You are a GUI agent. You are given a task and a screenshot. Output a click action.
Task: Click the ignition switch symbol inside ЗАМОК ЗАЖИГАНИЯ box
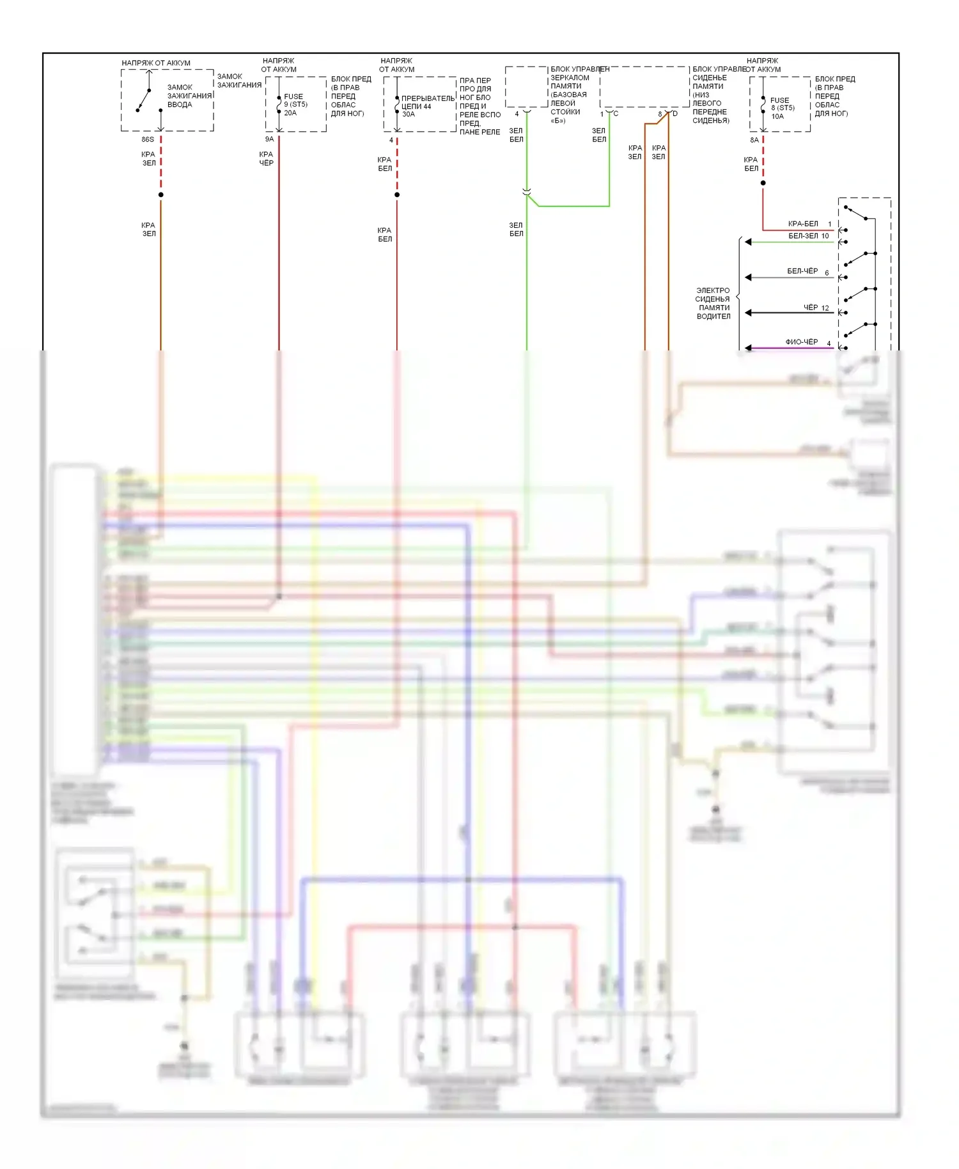pos(144,99)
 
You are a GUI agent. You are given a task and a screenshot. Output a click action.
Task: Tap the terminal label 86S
pos(148,139)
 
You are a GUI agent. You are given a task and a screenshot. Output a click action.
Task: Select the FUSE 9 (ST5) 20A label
pos(295,105)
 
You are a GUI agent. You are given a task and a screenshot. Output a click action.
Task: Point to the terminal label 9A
pos(270,139)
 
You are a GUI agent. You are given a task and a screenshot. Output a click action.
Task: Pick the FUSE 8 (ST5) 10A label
pos(782,108)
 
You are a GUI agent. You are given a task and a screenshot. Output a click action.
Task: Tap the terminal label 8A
pos(754,140)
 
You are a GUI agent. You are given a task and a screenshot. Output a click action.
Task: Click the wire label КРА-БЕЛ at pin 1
pos(803,224)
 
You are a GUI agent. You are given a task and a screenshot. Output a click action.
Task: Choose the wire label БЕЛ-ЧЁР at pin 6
pos(802,271)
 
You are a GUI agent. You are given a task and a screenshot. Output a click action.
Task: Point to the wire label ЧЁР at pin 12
pos(811,308)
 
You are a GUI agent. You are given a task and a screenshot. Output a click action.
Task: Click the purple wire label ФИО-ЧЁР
pos(802,342)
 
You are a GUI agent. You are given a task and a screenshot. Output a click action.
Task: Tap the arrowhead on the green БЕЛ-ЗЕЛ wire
pos(748,242)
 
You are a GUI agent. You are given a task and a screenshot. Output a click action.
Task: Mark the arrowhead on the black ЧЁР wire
pos(748,313)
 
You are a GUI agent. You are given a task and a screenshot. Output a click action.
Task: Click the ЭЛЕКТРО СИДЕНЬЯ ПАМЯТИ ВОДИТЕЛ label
pos(713,303)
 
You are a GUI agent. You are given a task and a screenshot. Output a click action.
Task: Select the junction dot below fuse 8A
pos(763,183)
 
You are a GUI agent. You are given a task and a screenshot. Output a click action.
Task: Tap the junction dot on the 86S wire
pos(161,194)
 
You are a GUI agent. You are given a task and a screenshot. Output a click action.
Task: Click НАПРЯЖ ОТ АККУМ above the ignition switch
pos(156,63)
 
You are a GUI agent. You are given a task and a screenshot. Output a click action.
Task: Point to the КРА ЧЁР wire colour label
pos(266,159)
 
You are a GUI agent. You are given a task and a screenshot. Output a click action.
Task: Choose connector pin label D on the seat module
pos(675,114)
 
